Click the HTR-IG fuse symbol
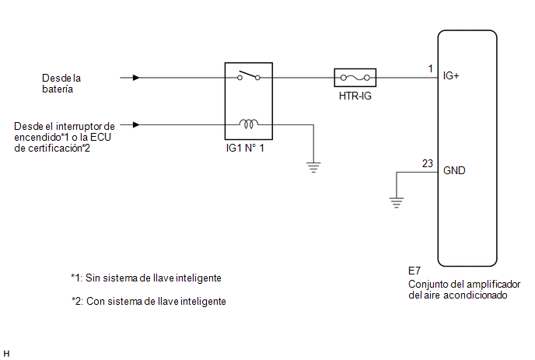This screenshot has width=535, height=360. click(355, 78)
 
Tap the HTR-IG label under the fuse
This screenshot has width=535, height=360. click(355, 96)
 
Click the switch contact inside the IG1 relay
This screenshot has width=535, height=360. click(249, 75)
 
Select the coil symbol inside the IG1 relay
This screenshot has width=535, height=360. click(249, 124)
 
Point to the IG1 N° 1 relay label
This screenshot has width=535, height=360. click(245, 148)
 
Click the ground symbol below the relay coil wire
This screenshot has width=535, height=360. click(313, 167)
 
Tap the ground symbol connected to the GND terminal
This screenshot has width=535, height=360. click(397, 203)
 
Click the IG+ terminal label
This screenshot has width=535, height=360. click(451, 75)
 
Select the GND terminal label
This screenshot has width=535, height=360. click(454, 170)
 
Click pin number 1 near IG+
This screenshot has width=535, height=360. click(431, 69)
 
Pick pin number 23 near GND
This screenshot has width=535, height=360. click(428, 164)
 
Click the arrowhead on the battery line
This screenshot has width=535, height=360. click(136, 78)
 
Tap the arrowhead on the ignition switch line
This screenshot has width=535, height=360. click(136, 125)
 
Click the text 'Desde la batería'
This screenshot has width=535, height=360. click(61, 84)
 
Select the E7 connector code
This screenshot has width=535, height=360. click(414, 271)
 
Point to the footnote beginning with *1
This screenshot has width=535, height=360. click(146, 278)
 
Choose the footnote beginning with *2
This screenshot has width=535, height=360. click(149, 302)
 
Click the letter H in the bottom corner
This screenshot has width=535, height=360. click(6, 354)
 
